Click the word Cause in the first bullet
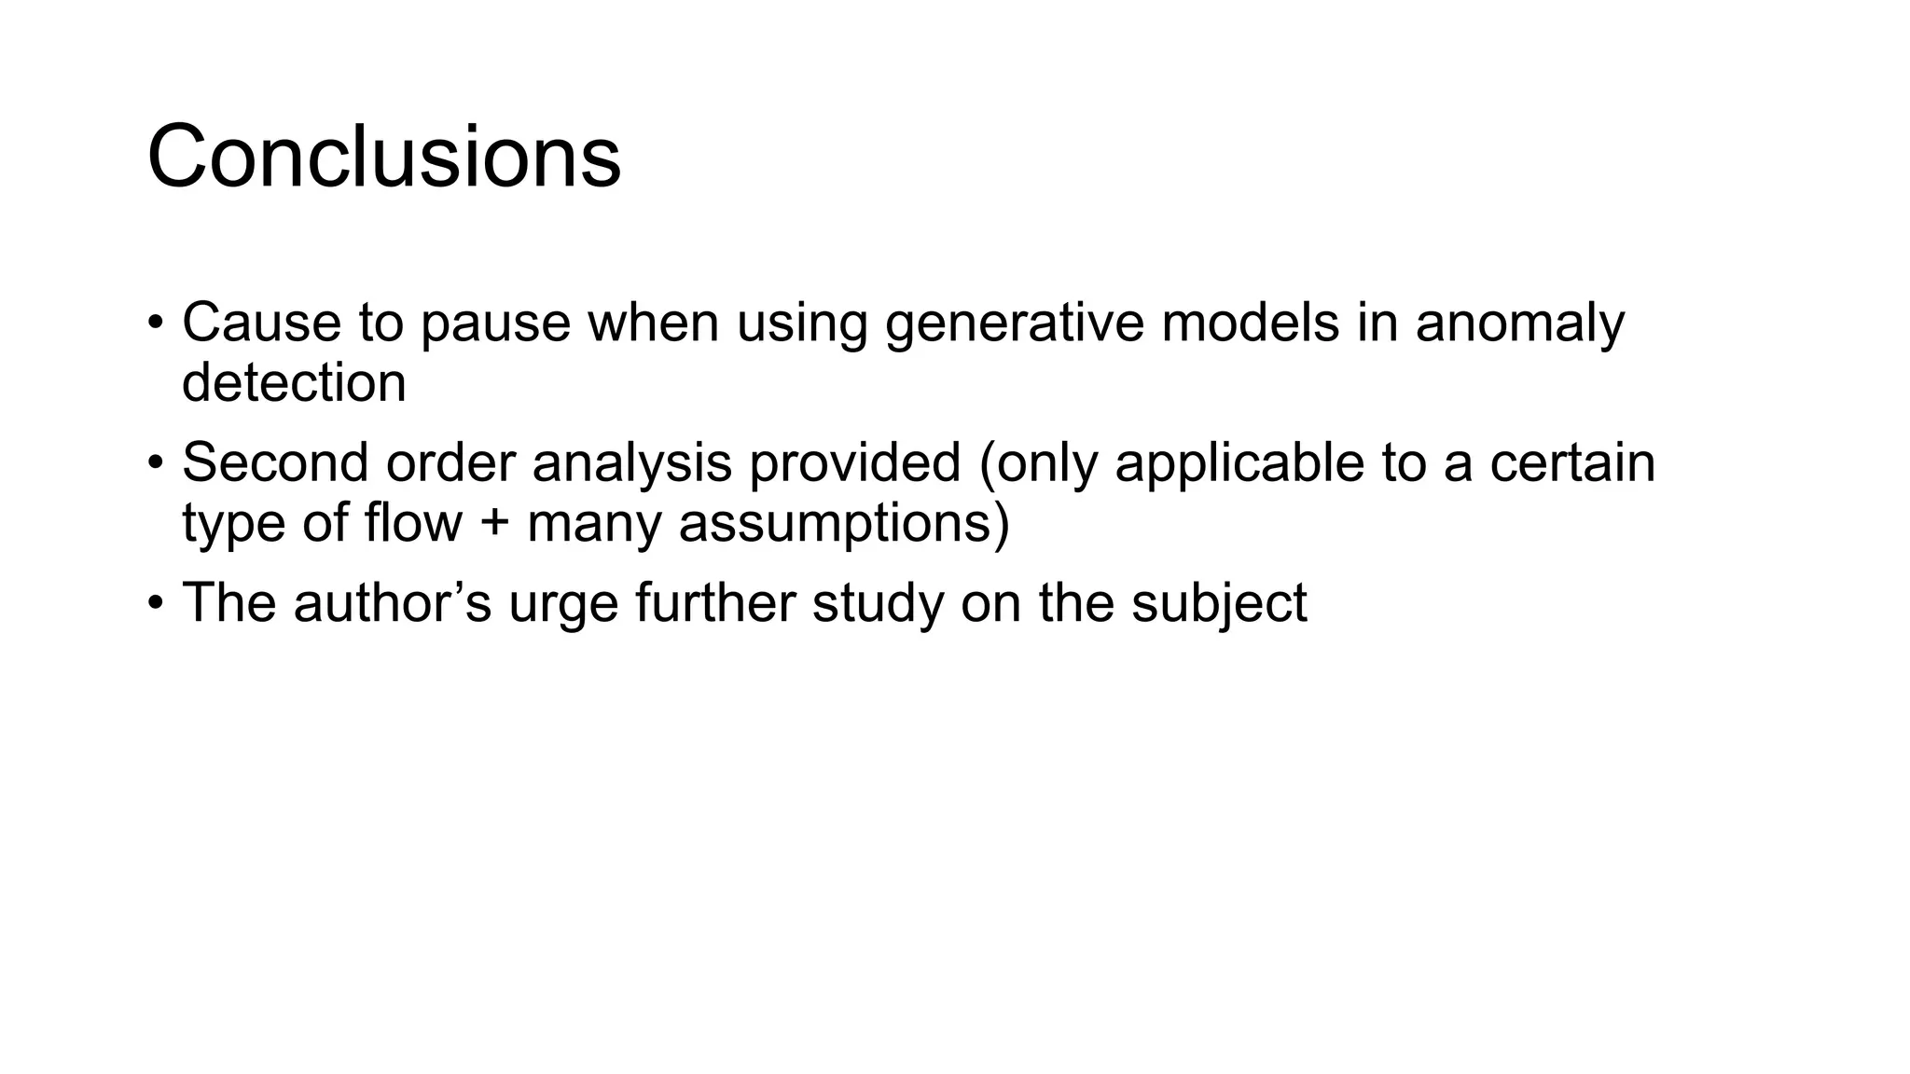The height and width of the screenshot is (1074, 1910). click(260, 323)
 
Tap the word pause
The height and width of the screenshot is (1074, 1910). click(494, 324)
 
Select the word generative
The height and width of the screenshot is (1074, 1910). click(1014, 324)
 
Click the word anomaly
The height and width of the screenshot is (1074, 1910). click(1519, 324)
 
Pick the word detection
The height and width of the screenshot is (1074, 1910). click(294, 382)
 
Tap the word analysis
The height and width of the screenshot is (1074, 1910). click(631, 464)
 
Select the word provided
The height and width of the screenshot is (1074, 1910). click(854, 462)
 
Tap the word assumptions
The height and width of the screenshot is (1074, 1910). click(843, 524)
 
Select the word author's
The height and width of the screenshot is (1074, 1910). click(392, 602)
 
